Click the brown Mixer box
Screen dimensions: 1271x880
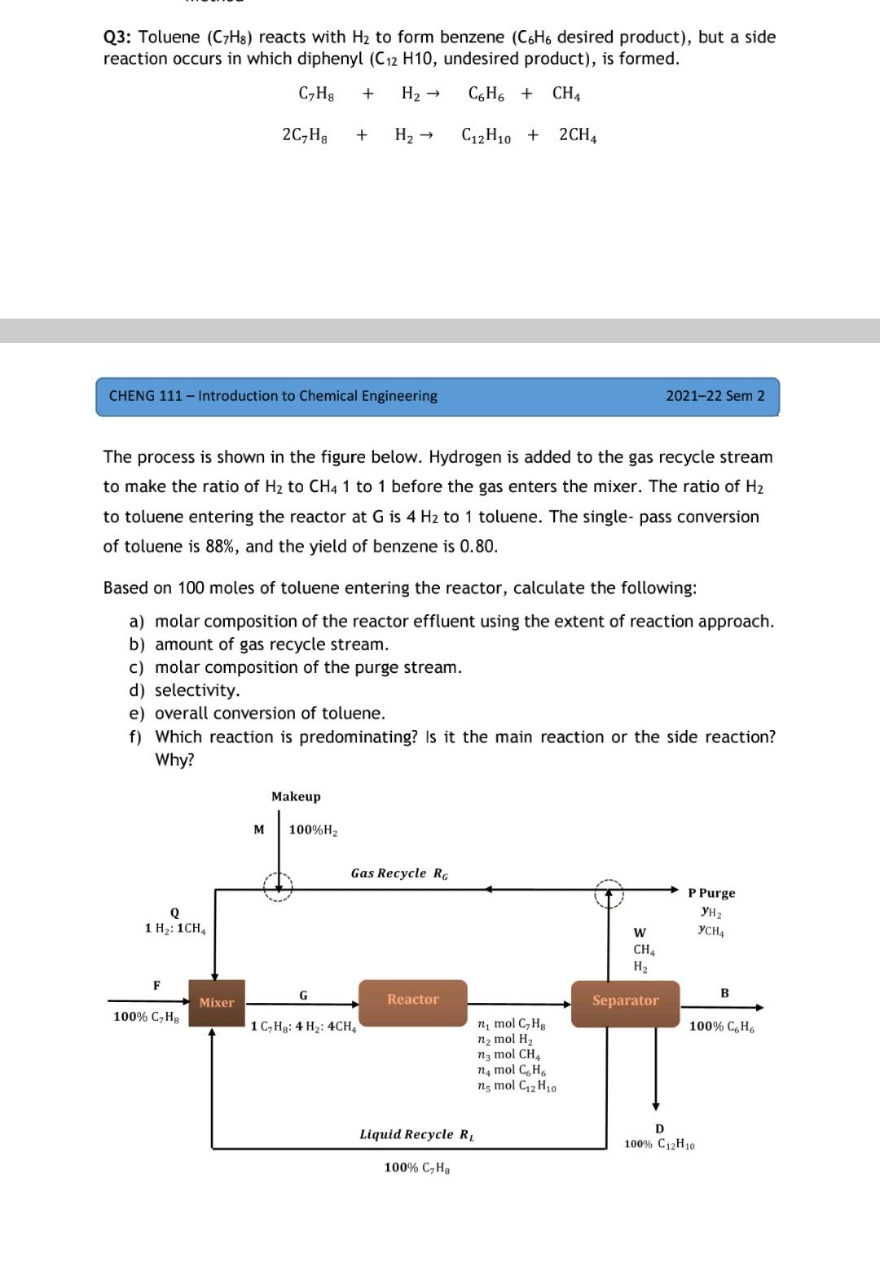tap(217, 1002)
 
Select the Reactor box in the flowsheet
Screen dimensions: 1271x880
tap(413, 1000)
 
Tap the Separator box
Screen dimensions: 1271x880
tap(625, 1001)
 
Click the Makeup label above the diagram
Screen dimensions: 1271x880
tap(296, 796)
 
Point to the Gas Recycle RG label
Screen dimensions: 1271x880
tap(399, 873)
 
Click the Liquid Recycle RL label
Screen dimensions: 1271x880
tap(417, 1134)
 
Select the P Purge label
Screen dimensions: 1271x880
tap(711, 893)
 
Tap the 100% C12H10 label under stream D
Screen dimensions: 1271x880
tap(659, 1145)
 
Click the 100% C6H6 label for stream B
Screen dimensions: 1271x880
tap(722, 1027)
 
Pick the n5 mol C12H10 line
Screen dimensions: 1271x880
tap(517, 1086)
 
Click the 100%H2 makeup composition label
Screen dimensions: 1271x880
tap(313, 830)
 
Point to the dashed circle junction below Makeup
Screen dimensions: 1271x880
tap(278, 886)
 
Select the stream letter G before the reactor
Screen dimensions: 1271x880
tap(303, 995)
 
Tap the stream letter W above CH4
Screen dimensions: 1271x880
tap(640, 932)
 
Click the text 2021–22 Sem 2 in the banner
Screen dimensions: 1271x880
tap(715, 396)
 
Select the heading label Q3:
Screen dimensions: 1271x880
tap(118, 37)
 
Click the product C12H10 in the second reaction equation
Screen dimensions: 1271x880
tap(486, 136)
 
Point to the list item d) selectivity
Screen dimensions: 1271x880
tap(185, 690)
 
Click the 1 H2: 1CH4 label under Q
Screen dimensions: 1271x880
tap(175, 929)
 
